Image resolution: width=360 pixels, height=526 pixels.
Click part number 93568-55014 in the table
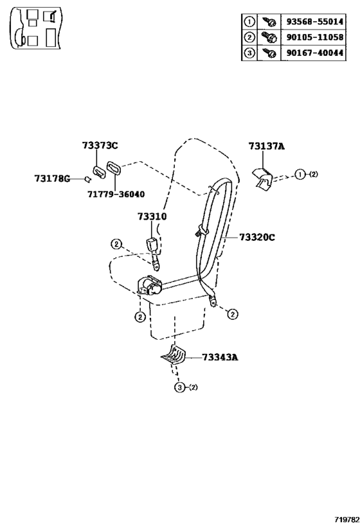[314, 22]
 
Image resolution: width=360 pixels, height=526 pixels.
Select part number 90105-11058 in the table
[314, 37]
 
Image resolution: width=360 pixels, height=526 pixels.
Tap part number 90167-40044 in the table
[314, 53]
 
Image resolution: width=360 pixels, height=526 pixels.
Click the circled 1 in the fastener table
[249, 22]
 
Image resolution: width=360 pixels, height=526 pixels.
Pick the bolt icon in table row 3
[269, 53]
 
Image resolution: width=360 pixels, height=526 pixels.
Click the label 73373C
[100, 146]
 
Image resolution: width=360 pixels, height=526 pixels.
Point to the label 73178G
[52, 179]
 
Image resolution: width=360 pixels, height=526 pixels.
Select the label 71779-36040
[116, 194]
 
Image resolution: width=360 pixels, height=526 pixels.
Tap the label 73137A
[267, 146]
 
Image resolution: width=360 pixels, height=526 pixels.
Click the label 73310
[152, 216]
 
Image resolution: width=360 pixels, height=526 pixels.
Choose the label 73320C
[257, 237]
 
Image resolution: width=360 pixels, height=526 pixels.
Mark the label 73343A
[220, 357]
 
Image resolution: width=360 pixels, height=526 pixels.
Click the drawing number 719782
[344, 520]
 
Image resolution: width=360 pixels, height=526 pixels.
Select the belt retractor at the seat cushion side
[150, 286]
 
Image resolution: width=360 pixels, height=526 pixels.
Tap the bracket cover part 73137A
[263, 179]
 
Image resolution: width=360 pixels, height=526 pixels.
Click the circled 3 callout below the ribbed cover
[179, 387]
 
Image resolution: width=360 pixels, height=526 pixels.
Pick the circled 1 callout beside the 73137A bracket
[300, 174]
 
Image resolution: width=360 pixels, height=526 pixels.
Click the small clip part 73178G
[87, 179]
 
